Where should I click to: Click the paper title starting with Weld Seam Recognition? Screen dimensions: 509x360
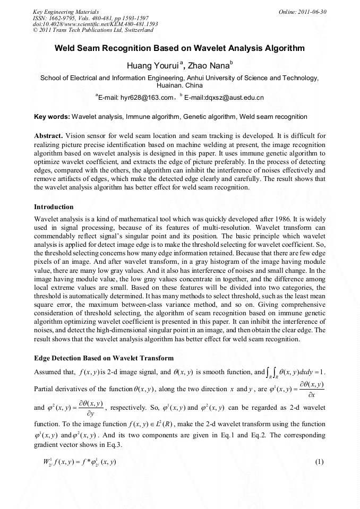point(179,48)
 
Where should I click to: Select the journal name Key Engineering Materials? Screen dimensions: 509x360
point(65,11)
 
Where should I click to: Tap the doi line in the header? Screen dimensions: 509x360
point(95,24)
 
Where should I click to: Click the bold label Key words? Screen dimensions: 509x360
point(52,116)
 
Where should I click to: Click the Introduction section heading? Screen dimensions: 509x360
point(54,206)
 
